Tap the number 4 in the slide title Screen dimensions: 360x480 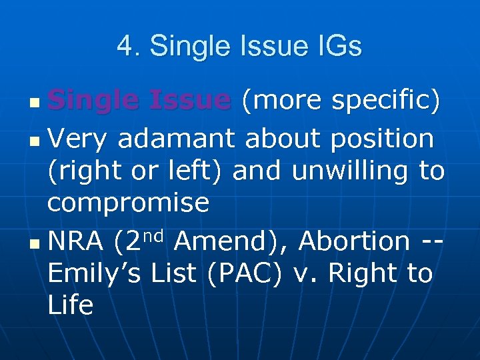[x=124, y=47]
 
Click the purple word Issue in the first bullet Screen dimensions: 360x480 [x=189, y=100]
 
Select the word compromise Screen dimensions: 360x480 [x=128, y=203]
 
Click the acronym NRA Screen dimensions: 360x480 [x=75, y=241]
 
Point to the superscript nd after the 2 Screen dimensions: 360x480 [x=152, y=235]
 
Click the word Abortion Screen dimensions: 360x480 [x=355, y=241]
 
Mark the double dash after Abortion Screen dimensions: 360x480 [x=433, y=241]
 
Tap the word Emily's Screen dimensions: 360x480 [x=93, y=273]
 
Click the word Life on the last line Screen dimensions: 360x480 [x=70, y=305]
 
